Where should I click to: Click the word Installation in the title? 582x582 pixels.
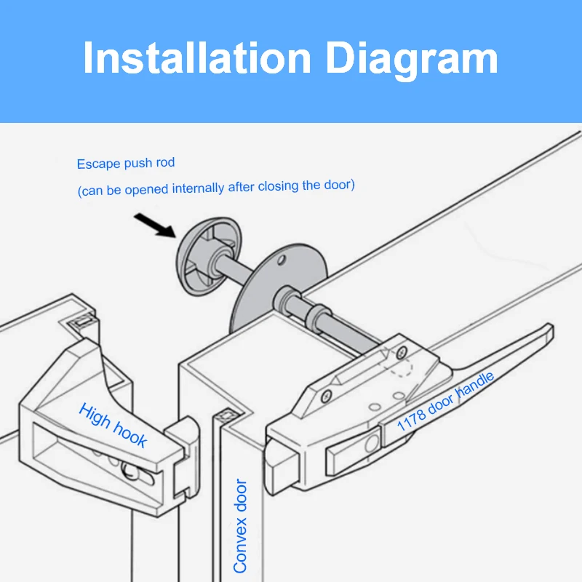pyautogui.click(x=196, y=58)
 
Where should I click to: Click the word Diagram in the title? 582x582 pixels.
pyautogui.click(x=412, y=58)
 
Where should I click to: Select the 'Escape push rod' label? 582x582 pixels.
pyautogui.click(x=126, y=164)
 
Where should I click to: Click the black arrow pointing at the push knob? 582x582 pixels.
pyautogui.click(x=154, y=226)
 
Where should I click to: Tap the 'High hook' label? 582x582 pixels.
pyautogui.click(x=113, y=425)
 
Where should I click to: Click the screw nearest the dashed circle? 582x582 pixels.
pyautogui.click(x=400, y=352)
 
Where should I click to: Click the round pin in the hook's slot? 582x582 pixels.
pyautogui.click(x=131, y=470)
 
